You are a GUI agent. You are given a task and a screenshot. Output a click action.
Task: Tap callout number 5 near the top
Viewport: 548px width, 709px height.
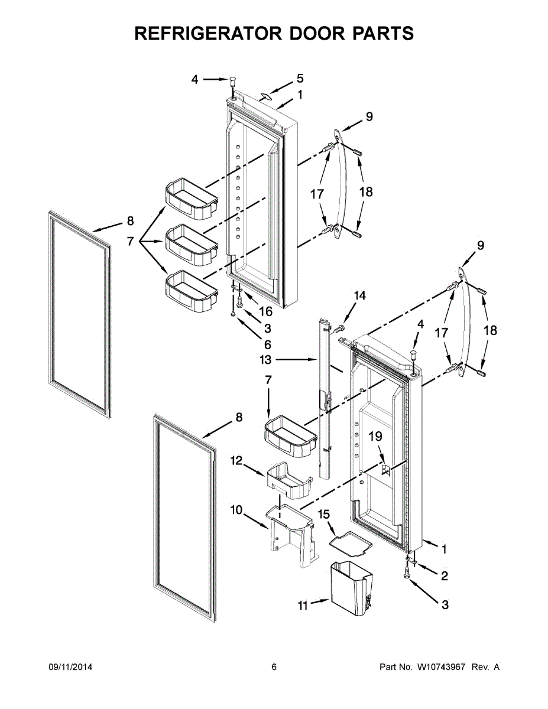pyautogui.click(x=300, y=78)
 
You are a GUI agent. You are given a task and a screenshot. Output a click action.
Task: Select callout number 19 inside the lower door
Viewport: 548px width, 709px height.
pyautogui.click(x=375, y=437)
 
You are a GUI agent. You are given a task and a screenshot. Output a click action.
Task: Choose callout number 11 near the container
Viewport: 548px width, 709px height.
pyautogui.click(x=303, y=605)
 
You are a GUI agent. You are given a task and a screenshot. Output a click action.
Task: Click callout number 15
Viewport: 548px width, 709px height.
pyautogui.click(x=324, y=515)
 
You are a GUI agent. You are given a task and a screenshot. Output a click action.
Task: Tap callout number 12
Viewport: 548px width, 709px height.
pyautogui.click(x=236, y=460)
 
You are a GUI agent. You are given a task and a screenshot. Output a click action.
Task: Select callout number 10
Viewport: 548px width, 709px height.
pyautogui.click(x=236, y=509)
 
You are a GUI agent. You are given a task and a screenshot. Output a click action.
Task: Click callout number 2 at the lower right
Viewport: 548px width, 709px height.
pyautogui.click(x=444, y=575)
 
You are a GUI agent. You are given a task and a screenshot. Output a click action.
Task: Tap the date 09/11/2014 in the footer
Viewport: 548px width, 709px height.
pyautogui.click(x=70, y=667)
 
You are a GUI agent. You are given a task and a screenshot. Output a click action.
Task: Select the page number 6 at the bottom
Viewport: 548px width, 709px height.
pyautogui.click(x=274, y=667)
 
